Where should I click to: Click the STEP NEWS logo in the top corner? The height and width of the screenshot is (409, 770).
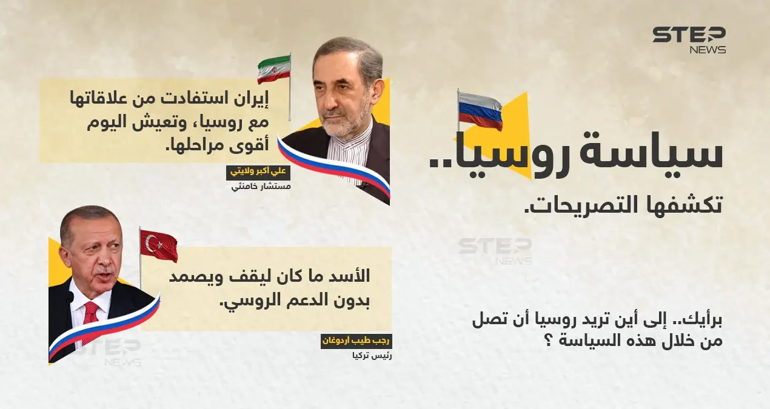pos(689,40)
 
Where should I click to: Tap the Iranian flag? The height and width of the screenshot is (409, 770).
pos(274,70)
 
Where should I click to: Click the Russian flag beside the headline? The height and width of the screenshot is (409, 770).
pos(480,111)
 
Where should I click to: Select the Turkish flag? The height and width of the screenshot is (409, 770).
pos(159,245)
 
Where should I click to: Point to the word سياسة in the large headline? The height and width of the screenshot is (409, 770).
pos(673,154)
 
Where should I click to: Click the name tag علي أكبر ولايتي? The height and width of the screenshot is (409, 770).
pos(258,172)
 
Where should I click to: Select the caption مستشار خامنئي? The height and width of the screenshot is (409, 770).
pos(261,187)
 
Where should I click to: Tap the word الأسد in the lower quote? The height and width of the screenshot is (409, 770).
pos(351,278)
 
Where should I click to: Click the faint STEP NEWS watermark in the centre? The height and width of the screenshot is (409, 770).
pos(495,250)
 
